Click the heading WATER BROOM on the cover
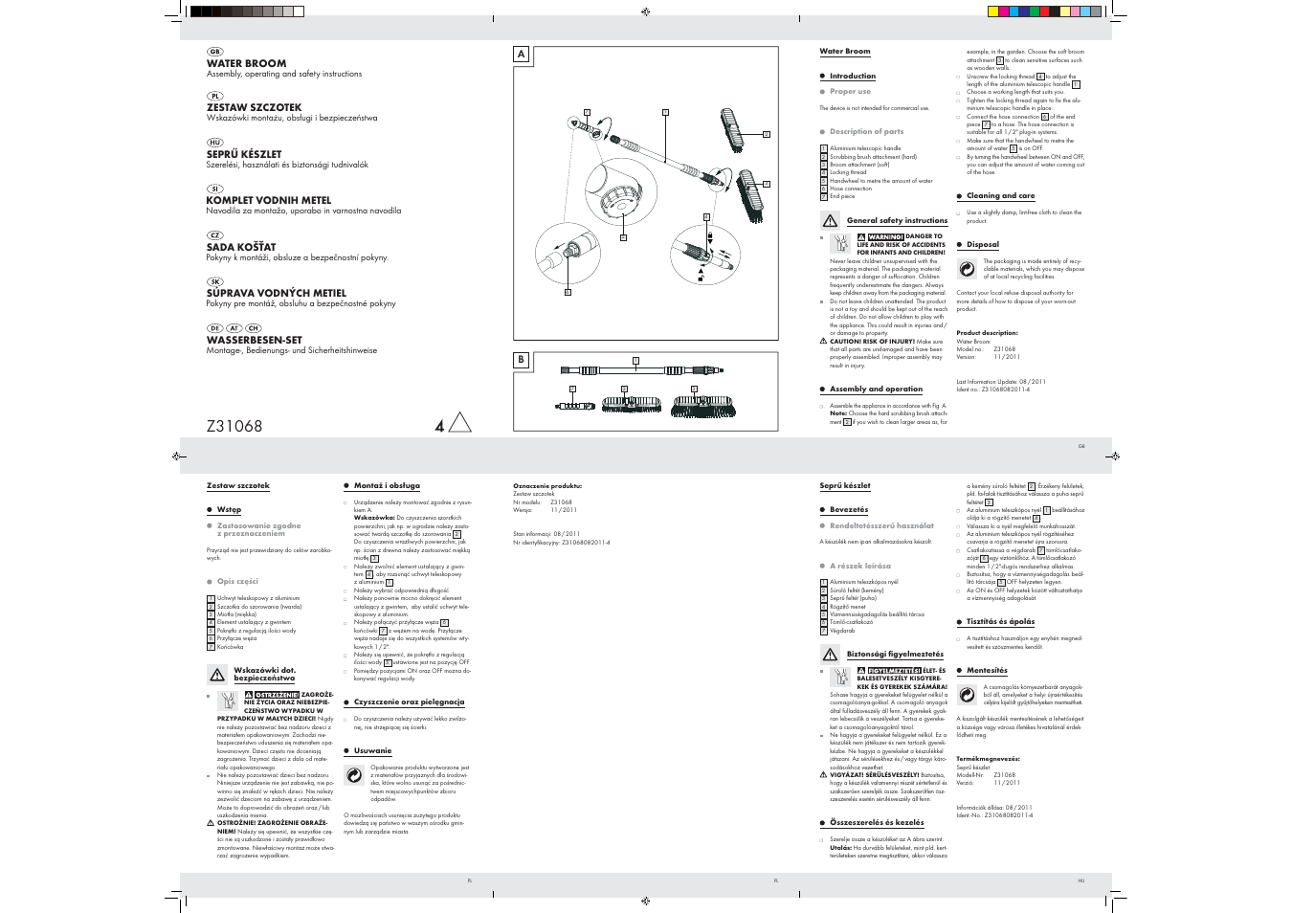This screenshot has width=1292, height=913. coord(246,63)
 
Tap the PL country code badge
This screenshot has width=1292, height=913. coord(214,96)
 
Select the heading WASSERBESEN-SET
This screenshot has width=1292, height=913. coord(254,340)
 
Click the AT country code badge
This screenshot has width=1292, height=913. coord(234,328)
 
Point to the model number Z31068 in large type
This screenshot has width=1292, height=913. coord(234,427)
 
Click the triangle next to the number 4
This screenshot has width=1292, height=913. coord(459,423)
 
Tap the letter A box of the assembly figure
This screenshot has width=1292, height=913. coord(522,55)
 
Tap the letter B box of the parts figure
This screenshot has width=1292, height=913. coord(522,360)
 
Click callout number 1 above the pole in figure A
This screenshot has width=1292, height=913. coord(664,113)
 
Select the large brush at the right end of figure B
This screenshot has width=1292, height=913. coord(702,407)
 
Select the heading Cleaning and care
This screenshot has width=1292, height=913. coord(1000,196)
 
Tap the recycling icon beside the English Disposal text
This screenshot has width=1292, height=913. coord(967,268)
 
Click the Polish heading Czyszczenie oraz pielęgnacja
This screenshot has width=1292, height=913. coord(409,702)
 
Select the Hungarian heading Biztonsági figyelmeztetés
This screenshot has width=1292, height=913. coord(895,655)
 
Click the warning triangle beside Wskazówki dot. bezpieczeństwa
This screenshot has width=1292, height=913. coord(217,675)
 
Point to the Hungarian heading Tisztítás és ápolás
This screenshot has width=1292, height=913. coord(1000,622)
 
